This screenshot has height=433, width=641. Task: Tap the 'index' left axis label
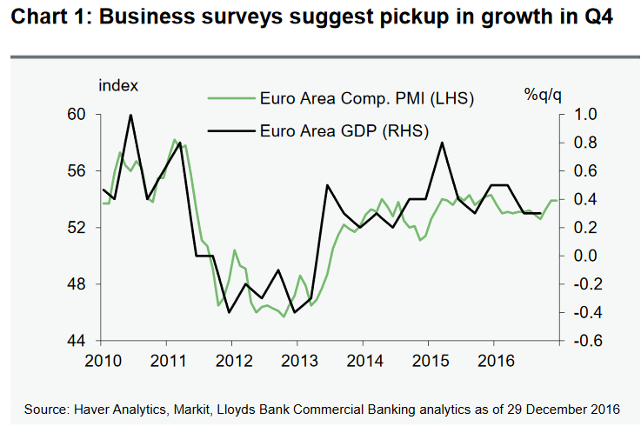click(x=118, y=85)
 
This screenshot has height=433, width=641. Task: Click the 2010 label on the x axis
click(x=103, y=359)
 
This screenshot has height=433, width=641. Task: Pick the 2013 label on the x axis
click(x=297, y=359)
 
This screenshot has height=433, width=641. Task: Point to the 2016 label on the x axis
click(x=492, y=359)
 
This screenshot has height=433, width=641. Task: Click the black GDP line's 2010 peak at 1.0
click(x=130, y=115)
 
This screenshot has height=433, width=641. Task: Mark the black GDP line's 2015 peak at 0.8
click(x=442, y=143)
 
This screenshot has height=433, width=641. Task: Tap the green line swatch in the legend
click(x=228, y=98)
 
